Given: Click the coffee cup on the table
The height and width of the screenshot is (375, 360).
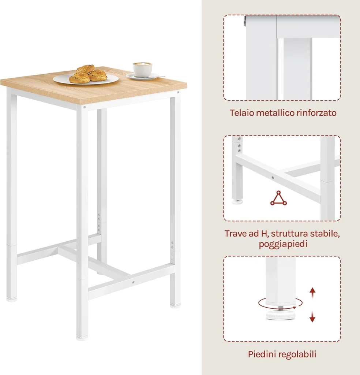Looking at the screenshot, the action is pos(143,69).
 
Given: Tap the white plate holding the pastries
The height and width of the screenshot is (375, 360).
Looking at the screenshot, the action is pos(86,79).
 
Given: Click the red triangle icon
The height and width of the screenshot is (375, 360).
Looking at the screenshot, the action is pos(278,198).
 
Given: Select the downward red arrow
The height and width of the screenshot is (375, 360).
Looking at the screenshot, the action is pos(312,315).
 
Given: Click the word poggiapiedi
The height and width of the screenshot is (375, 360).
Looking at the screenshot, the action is pos(283,244).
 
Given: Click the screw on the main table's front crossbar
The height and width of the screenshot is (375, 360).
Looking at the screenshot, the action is pos(133,282).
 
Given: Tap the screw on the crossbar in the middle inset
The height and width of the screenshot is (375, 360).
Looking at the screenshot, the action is pos(273,177).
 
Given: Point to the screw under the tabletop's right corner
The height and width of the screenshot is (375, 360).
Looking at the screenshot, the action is pos(178,92).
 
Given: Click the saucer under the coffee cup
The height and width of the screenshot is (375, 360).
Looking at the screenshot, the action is pos(143,76).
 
